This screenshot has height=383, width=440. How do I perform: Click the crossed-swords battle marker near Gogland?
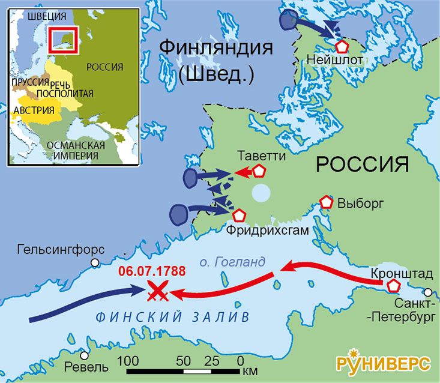pyautogui.click(x=157, y=292)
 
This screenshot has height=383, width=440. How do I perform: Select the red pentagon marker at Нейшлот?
pyautogui.click(x=342, y=46)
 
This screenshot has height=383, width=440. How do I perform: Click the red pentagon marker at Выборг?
pyautogui.click(x=327, y=202)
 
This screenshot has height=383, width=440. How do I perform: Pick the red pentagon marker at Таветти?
pyautogui.click(x=259, y=172)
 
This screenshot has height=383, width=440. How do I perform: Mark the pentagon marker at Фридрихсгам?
pyautogui.click(x=240, y=215)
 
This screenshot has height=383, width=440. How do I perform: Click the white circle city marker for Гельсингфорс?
pyautogui.click(x=94, y=262)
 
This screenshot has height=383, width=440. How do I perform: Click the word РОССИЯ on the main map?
pyautogui.click(x=362, y=164)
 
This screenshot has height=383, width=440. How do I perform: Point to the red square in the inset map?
pyautogui.click(x=63, y=40)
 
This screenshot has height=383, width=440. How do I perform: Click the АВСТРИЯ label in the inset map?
pyautogui.click(x=34, y=110)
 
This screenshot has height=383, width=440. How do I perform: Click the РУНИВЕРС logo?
pyautogui.click(x=383, y=363)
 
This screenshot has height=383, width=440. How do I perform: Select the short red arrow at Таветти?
pyautogui.click(x=243, y=173)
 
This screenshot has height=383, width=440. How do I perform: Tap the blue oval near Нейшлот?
pyautogui.click(x=289, y=20)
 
